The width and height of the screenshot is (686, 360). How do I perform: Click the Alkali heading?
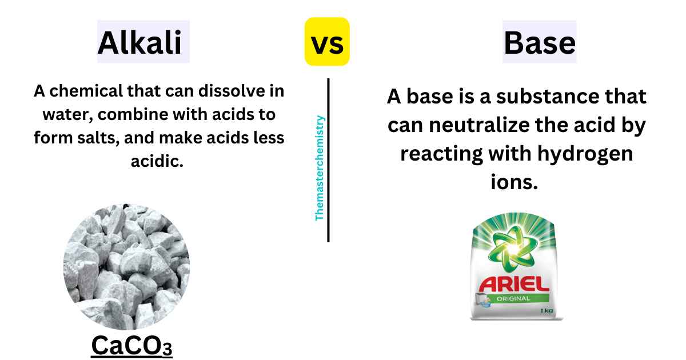[140, 42]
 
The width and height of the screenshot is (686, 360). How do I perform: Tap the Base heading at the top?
[540, 43]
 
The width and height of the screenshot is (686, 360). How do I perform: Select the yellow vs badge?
[327, 42]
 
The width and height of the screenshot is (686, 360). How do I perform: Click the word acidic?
[157, 161]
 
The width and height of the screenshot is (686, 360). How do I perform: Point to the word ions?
[514, 182]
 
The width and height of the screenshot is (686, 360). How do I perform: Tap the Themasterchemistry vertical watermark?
[319, 168]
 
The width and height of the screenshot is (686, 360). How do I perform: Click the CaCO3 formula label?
[131, 346]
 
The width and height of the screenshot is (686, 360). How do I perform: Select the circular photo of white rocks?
[126, 267]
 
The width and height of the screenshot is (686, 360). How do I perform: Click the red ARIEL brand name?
[514, 284]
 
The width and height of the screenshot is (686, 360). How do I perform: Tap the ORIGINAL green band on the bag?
[513, 298]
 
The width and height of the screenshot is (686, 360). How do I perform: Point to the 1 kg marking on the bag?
[547, 311]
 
